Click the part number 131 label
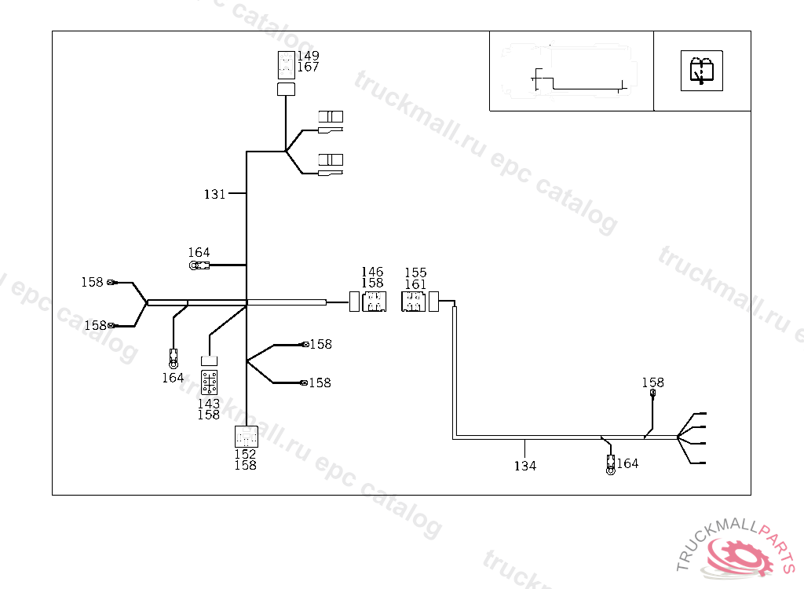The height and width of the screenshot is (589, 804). click(x=215, y=194)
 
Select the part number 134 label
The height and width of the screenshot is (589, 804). click(x=525, y=466)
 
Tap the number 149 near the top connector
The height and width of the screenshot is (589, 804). click(x=308, y=56)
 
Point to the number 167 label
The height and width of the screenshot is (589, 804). click(x=308, y=68)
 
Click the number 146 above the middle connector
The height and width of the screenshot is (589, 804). click(x=372, y=273)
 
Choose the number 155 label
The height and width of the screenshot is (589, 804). click(x=415, y=273)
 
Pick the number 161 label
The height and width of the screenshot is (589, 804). click(x=415, y=284)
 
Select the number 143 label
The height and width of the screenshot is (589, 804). click(x=209, y=404)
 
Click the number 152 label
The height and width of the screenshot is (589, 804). click(x=245, y=454)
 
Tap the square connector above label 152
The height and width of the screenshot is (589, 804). click(x=247, y=437)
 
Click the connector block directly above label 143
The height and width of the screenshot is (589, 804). click(x=210, y=382)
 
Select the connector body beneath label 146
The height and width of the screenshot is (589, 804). click(x=374, y=302)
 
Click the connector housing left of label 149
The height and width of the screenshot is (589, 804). click(x=286, y=64)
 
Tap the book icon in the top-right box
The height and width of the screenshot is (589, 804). click(x=701, y=71)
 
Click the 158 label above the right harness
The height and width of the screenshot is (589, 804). click(x=652, y=383)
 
